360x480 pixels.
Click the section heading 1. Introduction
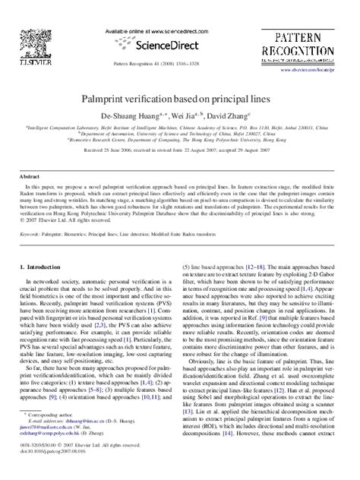coord(46,268)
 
